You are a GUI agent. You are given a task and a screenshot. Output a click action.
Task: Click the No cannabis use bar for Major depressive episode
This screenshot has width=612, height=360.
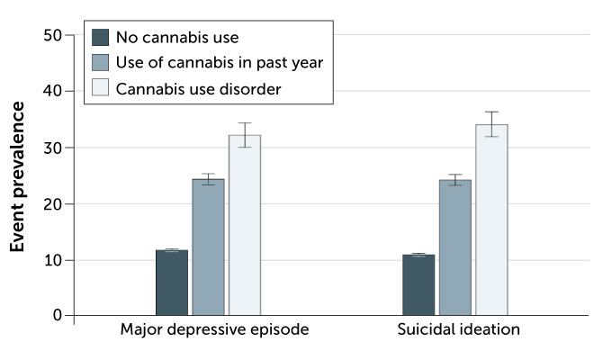tap(172, 283)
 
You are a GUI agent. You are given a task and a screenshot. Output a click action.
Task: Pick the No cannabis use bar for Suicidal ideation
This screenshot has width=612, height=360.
tap(418, 285)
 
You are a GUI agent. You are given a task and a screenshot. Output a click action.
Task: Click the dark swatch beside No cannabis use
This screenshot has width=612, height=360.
tap(100, 37)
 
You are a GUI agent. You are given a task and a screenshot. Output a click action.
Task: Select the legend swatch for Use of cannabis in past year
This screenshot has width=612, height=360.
tap(100, 62)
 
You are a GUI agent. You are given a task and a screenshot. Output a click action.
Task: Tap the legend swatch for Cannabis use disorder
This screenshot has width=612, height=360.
tap(100, 87)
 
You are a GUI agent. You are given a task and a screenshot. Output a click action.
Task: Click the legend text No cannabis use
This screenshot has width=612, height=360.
tap(176, 37)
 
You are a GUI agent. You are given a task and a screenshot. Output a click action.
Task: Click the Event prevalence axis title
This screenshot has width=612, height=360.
tap(18, 175)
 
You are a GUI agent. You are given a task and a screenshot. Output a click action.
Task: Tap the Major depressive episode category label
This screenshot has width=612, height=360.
tap(214, 329)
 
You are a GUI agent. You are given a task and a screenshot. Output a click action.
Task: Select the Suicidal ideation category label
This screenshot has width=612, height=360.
tap(459, 329)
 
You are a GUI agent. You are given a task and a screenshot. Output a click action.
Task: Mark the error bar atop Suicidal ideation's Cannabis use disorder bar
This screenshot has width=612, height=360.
tap(491, 124)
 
